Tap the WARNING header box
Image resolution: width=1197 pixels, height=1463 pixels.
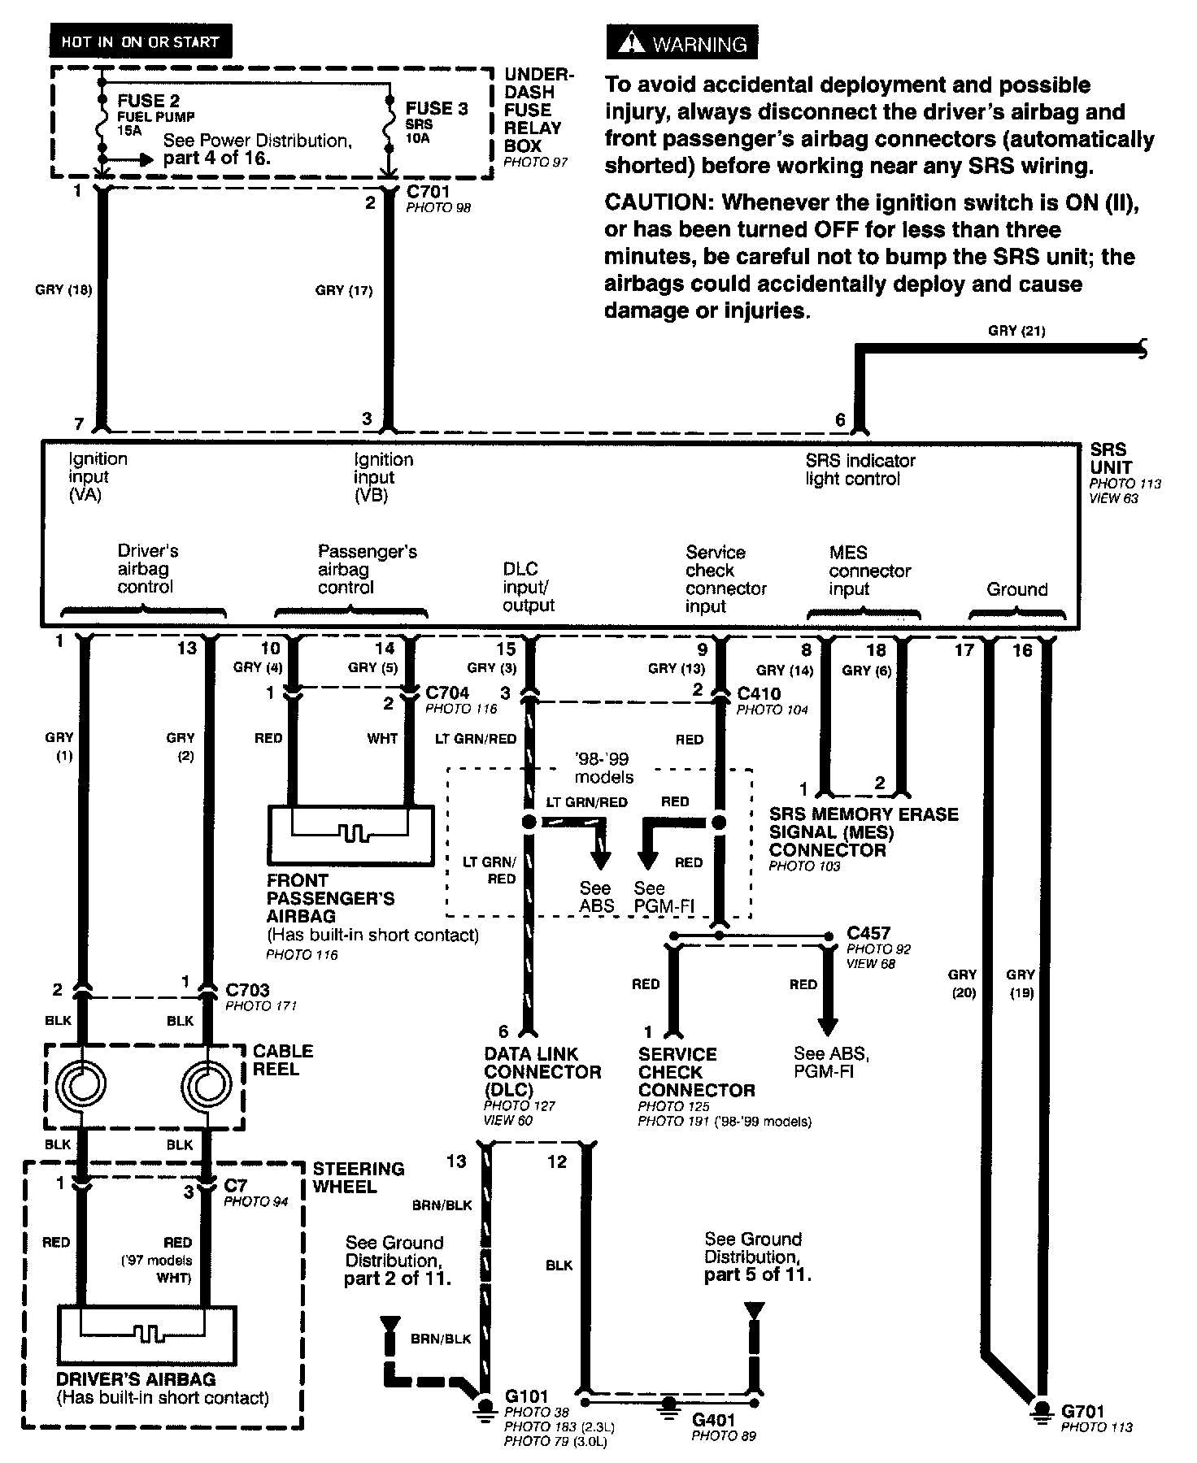click(681, 44)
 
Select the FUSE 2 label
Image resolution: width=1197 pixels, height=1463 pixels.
click(148, 101)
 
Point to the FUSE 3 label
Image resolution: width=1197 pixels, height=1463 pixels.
click(437, 108)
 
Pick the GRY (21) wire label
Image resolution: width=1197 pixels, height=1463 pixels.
click(1016, 331)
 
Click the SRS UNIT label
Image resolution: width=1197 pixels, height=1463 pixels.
click(1109, 458)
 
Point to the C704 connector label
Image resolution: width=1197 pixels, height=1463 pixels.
click(447, 693)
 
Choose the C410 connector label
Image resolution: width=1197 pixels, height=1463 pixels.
click(759, 694)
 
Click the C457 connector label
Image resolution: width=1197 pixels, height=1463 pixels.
click(868, 933)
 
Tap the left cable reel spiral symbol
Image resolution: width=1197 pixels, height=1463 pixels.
click(81, 1083)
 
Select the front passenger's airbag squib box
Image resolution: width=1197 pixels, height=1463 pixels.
click(350, 836)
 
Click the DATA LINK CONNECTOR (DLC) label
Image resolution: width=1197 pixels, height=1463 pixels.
click(542, 1071)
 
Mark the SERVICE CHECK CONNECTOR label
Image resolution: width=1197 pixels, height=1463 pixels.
click(696, 1072)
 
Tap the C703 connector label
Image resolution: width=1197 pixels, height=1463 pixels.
click(247, 990)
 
